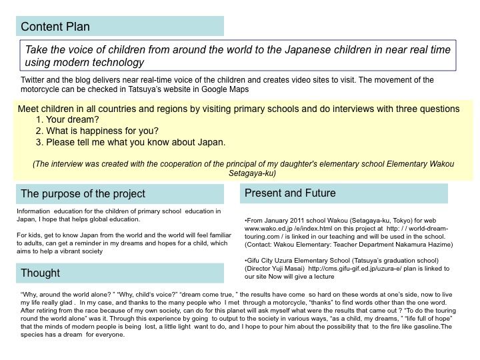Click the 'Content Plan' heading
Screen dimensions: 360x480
pyautogui.click(x=55, y=27)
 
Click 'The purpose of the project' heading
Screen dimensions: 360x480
pyautogui.click(x=83, y=194)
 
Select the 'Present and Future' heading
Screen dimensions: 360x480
pyautogui.click(x=290, y=193)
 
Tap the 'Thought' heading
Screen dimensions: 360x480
pyautogui.click(x=40, y=273)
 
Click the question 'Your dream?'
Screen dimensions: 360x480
pyautogui.click(x=70, y=120)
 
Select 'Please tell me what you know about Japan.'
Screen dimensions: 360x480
pyautogui.click(x=135, y=142)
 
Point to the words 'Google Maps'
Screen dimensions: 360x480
pyautogui.click(x=231, y=89)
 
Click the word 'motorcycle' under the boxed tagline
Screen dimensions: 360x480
pyautogui.click(x=41, y=89)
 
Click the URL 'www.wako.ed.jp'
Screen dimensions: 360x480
pyautogui.click(x=269, y=228)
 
